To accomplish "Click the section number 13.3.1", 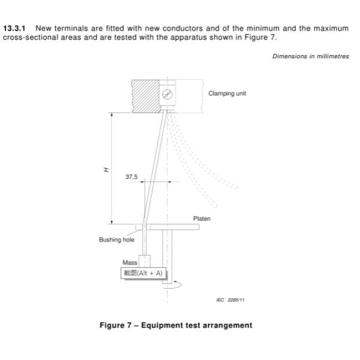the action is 16,28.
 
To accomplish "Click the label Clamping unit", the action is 227,94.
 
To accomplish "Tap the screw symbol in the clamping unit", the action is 167,94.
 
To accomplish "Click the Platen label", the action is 202,219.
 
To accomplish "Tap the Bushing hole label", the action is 116,240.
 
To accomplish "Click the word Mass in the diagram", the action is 130,263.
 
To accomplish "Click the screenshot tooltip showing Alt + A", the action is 143,273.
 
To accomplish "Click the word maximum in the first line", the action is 332,28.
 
